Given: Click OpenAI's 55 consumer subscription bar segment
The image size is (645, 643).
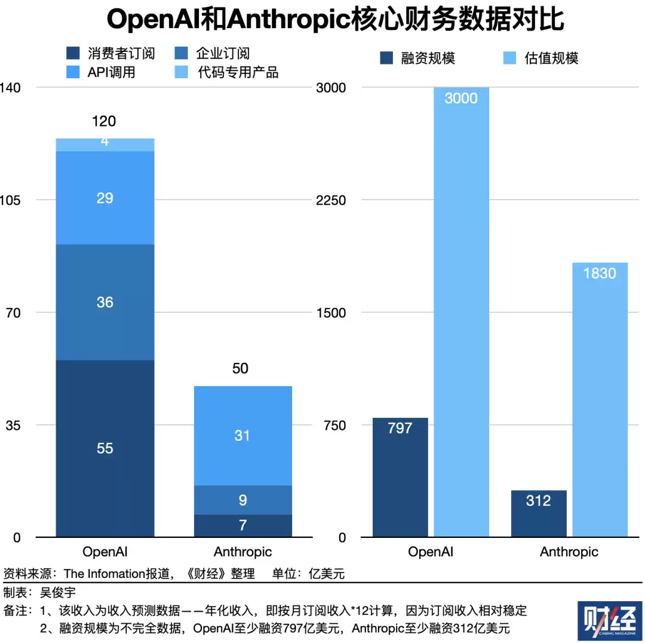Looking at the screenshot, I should point(105,448).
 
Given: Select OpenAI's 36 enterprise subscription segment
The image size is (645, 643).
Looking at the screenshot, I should point(105,302).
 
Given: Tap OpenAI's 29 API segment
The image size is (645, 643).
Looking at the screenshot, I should point(105,198).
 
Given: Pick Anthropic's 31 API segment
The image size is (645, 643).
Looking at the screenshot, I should point(242,436).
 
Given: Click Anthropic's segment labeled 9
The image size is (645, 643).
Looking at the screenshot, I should point(242,500).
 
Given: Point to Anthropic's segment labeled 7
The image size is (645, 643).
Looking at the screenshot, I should point(242,525).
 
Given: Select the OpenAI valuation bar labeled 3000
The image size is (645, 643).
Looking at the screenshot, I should point(461,310).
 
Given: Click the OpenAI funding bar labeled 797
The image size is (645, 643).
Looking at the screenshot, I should point(400,478).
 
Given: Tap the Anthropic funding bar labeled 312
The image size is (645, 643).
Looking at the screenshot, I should point(539,513).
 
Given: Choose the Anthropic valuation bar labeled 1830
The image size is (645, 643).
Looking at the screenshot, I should point(600,400).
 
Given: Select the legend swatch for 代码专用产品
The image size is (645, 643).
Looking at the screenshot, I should point(184,73).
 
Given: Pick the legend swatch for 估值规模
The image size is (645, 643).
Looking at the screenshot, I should point(510,58).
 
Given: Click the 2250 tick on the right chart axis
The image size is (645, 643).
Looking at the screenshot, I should point(330,200).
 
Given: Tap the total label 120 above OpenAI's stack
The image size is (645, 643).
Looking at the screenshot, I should point(104,122).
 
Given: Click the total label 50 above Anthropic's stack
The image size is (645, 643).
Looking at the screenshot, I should point(240,368).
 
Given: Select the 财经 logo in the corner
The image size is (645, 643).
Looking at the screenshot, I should point(609,620).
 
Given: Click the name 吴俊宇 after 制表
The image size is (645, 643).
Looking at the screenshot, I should point(58,593).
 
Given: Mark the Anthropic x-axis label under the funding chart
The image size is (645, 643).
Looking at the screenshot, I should point(569,552).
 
